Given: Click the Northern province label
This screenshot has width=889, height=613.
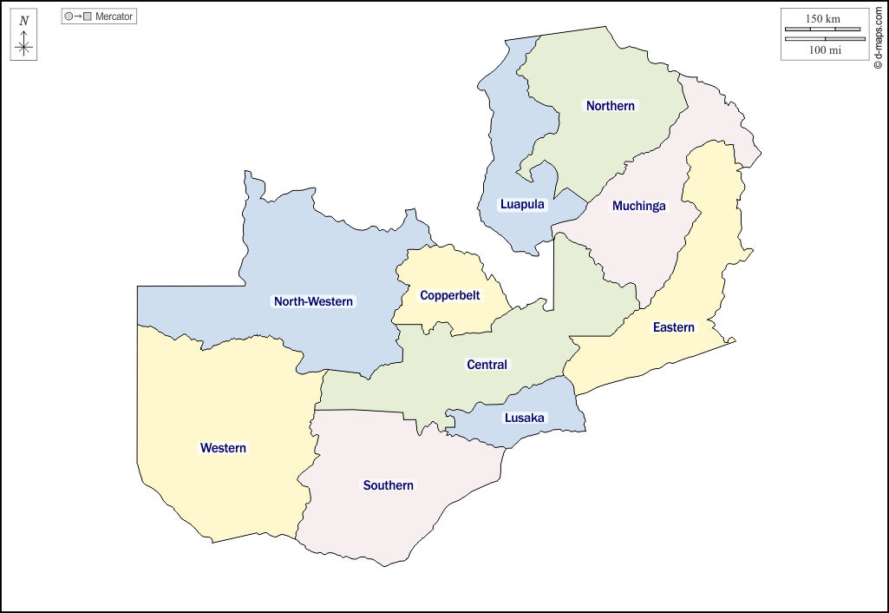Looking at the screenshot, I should (611, 106).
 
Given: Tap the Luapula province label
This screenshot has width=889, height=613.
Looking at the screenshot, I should (522, 205).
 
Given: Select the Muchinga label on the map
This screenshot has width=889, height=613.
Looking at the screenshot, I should (639, 206).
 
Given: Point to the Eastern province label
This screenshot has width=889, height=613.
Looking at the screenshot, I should (674, 327).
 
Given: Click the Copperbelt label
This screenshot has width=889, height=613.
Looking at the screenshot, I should (450, 295).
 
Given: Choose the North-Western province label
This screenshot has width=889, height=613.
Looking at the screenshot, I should (313, 301).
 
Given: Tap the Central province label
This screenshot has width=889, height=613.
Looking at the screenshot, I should (487, 365).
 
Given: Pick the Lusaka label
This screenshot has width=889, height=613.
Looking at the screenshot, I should (525, 418).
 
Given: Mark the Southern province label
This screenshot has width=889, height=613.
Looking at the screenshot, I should (389, 485).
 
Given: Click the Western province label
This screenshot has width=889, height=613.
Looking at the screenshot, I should (223, 448).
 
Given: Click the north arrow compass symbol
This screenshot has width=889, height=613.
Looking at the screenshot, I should (23, 46).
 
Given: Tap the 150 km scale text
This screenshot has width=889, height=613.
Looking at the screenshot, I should (823, 18).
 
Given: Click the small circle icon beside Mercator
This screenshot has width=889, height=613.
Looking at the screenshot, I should (69, 16).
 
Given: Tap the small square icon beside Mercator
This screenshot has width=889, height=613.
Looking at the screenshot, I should (87, 16).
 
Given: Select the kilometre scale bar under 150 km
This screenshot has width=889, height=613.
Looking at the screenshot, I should (823, 30).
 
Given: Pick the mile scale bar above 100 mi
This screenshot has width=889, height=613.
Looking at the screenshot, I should (823, 39).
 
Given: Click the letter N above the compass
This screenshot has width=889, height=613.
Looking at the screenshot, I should (23, 21).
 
